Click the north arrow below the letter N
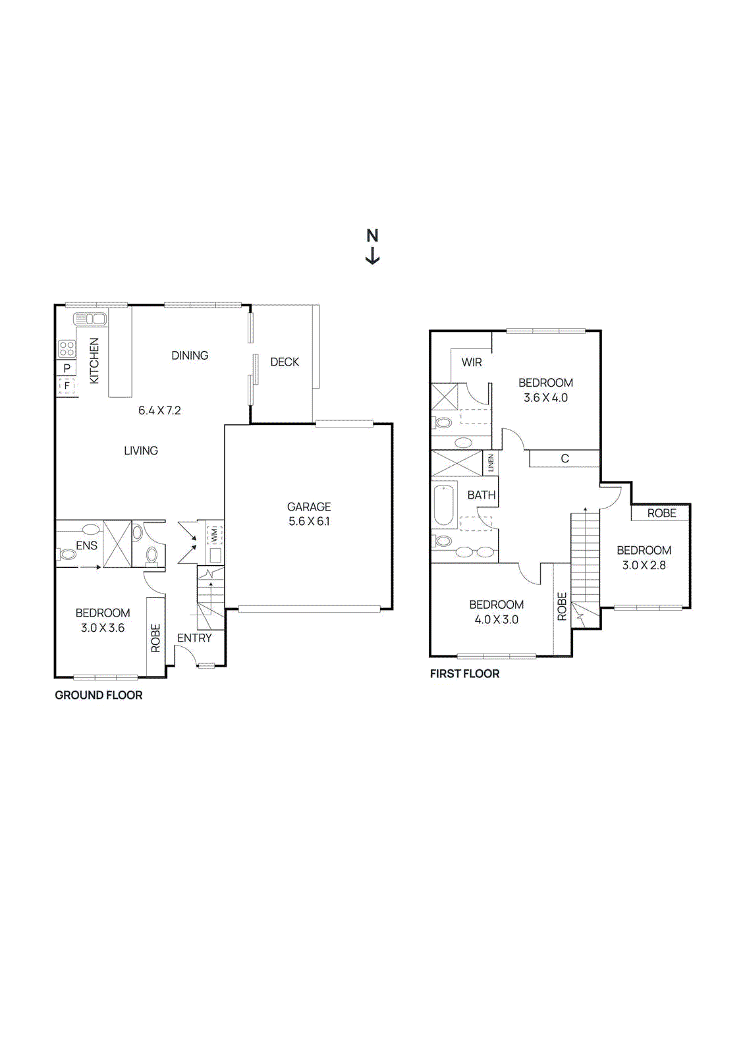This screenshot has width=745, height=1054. coord(372,255)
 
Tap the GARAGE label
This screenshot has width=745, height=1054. coord(309,507)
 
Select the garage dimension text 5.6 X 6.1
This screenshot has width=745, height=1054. coord(309,521)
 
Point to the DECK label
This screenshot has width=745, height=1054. coord(285,362)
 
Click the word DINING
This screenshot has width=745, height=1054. coord(190,355)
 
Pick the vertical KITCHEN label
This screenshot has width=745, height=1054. coord(95,361)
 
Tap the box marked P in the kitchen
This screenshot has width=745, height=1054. coord(67,368)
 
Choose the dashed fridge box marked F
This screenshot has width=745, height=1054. coord(67,386)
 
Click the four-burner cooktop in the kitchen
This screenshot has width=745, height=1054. coord(67,348)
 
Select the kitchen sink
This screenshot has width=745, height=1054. coord(90,319)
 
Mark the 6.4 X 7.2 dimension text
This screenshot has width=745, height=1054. coord(159,410)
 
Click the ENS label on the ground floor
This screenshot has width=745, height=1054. coord(86,545)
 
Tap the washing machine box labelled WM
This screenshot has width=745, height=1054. coord(214,534)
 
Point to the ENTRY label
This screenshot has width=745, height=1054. coord(194,638)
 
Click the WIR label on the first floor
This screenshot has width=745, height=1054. coord(472,362)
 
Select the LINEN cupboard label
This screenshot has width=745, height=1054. coord(491,463)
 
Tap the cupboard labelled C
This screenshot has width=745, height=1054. coord(565,458)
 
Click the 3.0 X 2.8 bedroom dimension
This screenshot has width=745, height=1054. coord(644,565)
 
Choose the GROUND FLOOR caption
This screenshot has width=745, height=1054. coord(98,695)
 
